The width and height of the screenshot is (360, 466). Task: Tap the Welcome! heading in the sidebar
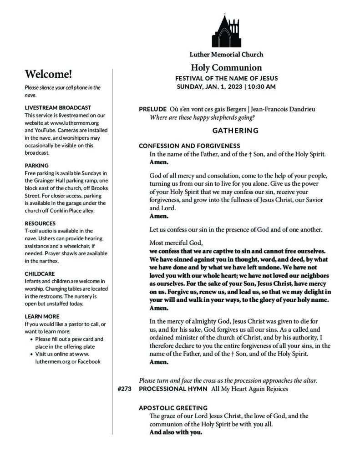click(x=49, y=74)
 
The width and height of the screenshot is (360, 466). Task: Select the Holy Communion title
click(x=226, y=68)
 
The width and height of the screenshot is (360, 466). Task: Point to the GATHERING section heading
click(x=235, y=131)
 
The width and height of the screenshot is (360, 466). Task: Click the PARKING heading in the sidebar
click(x=37, y=165)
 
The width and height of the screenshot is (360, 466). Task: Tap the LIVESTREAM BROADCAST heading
click(x=58, y=107)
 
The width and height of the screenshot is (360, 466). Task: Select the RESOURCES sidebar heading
click(x=40, y=223)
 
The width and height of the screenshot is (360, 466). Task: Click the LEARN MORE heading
click(x=42, y=316)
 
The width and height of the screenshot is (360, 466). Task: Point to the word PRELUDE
click(x=152, y=109)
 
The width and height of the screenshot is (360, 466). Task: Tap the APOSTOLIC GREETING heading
click(x=173, y=408)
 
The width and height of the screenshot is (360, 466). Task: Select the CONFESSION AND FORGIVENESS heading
click(x=189, y=146)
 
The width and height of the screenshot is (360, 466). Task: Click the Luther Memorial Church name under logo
click(x=226, y=55)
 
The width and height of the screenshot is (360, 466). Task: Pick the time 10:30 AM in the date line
click(x=262, y=86)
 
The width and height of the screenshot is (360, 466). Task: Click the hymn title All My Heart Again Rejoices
click(x=249, y=389)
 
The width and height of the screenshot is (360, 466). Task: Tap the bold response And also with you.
click(x=176, y=432)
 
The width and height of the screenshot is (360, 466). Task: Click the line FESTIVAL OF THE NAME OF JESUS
click(x=226, y=78)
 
